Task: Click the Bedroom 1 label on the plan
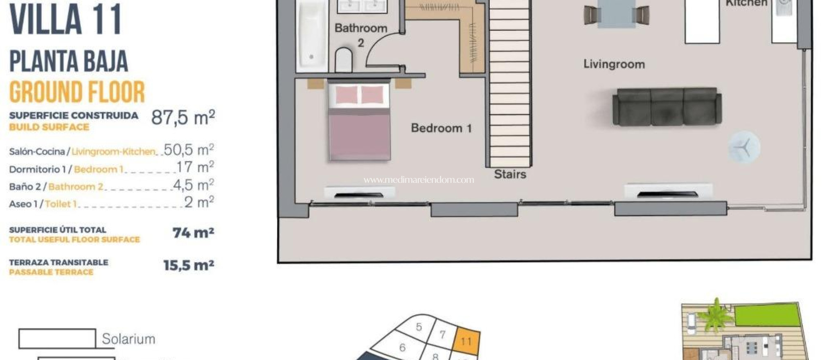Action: pyautogui.click(x=441, y=128)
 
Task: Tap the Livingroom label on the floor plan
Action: pyautogui.click(x=614, y=64)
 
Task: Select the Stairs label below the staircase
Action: pyautogui.click(x=510, y=174)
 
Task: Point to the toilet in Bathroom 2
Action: pyautogui.click(x=344, y=60)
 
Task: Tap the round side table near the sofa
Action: pyautogui.click(x=744, y=147)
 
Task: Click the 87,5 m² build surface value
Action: pyautogui.click(x=183, y=117)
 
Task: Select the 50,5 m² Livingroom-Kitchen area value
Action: pyautogui.click(x=189, y=150)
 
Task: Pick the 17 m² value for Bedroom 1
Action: pyautogui.click(x=195, y=167)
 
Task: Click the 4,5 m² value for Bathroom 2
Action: pyautogui.click(x=194, y=185)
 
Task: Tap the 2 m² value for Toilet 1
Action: pyautogui.click(x=199, y=202)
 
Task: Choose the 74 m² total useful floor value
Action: pyautogui.click(x=193, y=233)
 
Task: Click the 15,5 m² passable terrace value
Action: pyautogui.click(x=189, y=265)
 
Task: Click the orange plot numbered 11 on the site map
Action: pyautogui.click(x=466, y=341)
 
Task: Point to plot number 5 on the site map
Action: pyautogui.click(x=419, y=327)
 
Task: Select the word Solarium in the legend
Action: pyautogui.click(x=128, y=339)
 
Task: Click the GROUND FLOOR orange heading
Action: pyautogui.click(x=77, y=92)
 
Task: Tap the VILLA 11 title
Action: pyautogui.click(x=65, y=20)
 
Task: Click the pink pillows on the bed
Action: pyautogui.click(x=359, y=95)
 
